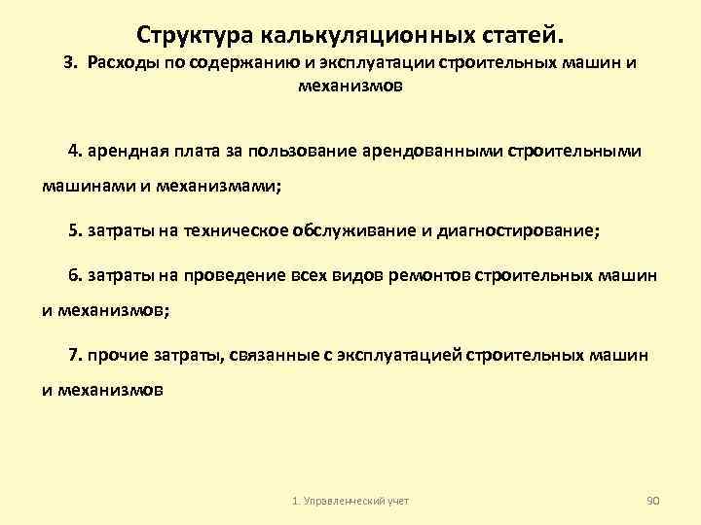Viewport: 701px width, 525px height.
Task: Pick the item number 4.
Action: (74, 152)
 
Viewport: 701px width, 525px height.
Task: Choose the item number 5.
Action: (74, 231)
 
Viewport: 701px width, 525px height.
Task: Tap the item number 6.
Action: (74, 275)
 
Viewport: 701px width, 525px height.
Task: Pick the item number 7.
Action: (74, 355)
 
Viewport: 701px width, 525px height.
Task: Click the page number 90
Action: (653, 499)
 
